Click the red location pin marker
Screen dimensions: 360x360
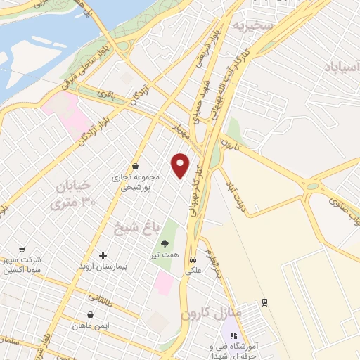181,165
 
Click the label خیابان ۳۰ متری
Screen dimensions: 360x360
72,194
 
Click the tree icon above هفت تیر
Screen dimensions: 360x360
165,244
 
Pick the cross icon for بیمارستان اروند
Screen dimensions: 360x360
103,256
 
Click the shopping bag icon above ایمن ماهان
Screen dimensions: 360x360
90,315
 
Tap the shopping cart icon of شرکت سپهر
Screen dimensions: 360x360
22,250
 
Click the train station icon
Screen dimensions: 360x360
264,302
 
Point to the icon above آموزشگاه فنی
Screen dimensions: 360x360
233,335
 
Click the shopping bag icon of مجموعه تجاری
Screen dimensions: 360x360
134,167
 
